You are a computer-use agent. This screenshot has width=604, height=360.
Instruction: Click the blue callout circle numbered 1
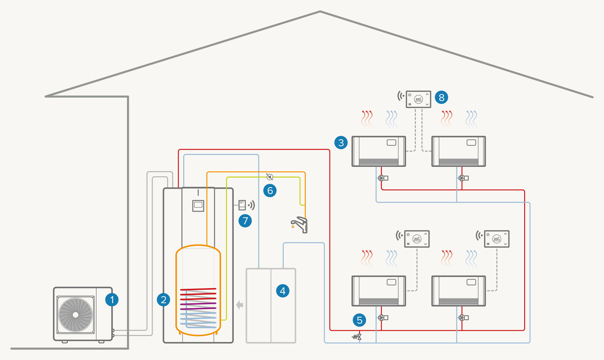[112, 300]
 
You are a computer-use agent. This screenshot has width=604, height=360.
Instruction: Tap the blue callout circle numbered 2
[164, 300]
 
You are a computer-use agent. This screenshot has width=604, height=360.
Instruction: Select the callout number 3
[341, 142]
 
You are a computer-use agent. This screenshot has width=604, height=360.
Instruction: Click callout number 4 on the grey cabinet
[282, 291]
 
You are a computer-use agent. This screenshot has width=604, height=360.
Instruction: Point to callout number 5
[359, 320]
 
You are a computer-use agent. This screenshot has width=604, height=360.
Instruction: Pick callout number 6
[270, 191]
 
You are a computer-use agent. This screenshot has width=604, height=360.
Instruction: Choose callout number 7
[245, 221]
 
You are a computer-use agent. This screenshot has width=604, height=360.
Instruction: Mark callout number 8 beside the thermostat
[441, 97]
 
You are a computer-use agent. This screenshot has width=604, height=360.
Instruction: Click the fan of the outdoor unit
[76, 315]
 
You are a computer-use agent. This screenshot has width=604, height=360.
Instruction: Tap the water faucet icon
[300, 224]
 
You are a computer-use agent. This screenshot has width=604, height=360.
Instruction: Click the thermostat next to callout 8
[418, 99]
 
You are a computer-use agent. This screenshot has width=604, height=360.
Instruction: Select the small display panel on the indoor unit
[198, 205]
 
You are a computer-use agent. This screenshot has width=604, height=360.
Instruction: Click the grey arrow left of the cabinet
[239, 305]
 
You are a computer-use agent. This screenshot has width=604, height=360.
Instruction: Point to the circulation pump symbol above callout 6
[270, 177]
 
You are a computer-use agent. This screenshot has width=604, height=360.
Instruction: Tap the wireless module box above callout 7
[242, 205]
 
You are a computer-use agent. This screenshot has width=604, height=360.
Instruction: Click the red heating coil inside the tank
[198, 294]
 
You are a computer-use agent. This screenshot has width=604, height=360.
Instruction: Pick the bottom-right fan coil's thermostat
[497, 239]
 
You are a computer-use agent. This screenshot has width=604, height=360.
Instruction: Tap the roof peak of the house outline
[320, 12]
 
